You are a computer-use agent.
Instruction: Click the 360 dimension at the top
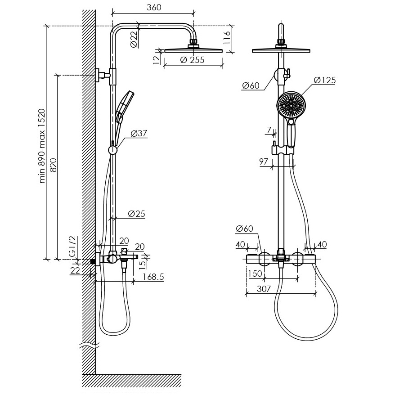coord(154,7)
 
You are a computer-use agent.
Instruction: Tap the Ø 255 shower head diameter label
coord(193,60)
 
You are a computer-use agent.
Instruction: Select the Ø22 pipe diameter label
coord(134,39)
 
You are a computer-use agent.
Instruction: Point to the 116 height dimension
coord(227,37)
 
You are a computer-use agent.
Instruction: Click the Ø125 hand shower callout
coord(325,80)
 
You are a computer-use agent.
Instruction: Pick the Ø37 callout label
coord(139,133)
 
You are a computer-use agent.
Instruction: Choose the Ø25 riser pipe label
coord(136,214)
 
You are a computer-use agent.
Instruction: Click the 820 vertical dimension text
coord(54,165)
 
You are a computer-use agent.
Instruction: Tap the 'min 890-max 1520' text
coord(42,146)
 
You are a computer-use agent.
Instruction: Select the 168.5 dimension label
coord(153,277)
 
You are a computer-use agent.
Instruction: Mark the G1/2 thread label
coord(72,247)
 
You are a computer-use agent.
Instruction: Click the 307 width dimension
coord(264,289)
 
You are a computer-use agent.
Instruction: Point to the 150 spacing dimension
coord(255,274)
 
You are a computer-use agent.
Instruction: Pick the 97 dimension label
coord(264,162)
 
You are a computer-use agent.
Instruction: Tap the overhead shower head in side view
coord(193,49)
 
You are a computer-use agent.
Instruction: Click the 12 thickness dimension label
coord(157,59)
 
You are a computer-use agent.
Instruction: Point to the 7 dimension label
coord(269,130)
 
